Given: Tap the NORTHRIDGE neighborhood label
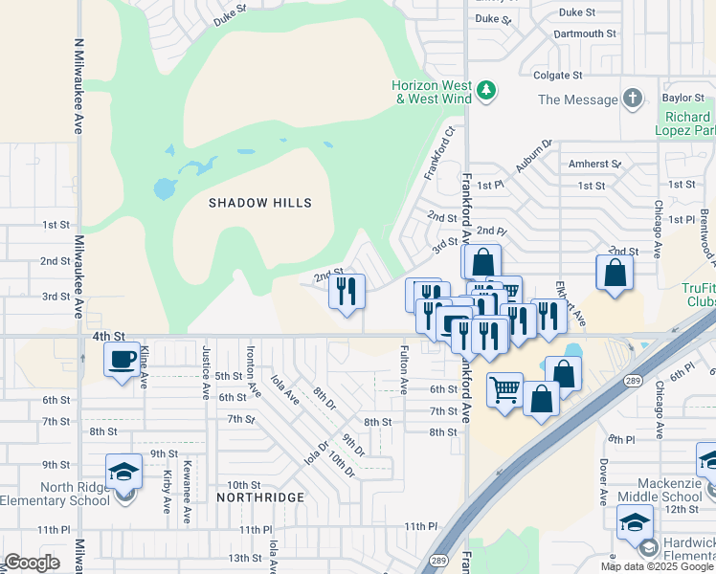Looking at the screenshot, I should [259, 497].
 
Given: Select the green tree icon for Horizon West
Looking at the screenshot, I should [487, 91].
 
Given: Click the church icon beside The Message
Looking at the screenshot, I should [632, 99].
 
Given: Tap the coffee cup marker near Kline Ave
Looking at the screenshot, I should [122, 360].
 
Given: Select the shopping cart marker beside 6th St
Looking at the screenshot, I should [504, 389].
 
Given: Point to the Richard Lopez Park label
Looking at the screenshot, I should [685, 122].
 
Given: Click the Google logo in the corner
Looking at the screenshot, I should [32, 563].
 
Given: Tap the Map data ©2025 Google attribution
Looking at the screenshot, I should [657, 566].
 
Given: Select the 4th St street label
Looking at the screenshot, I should [109, 336].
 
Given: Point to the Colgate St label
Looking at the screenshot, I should [558, 75].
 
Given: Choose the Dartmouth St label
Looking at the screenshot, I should [585, 33].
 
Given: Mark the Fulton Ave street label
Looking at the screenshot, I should [404, 369].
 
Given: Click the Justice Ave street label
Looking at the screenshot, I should [205, 372].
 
